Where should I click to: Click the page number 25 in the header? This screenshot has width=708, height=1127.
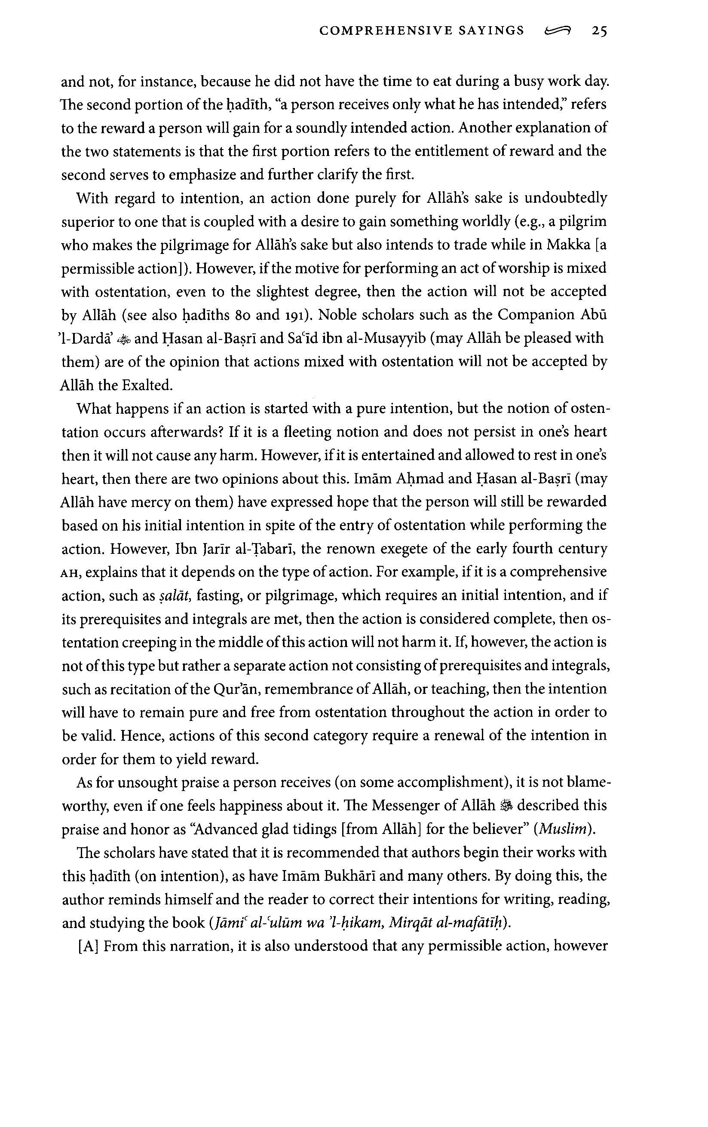click(x=599, y=31)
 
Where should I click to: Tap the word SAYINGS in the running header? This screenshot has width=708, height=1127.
click(x=491, y=31)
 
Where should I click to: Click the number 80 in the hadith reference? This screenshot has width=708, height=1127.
click(x=242, y=315)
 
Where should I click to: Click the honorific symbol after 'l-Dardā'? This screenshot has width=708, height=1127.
click(x=122, y=339)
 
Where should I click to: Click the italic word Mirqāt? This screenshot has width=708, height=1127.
click(x=409, y=923)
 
